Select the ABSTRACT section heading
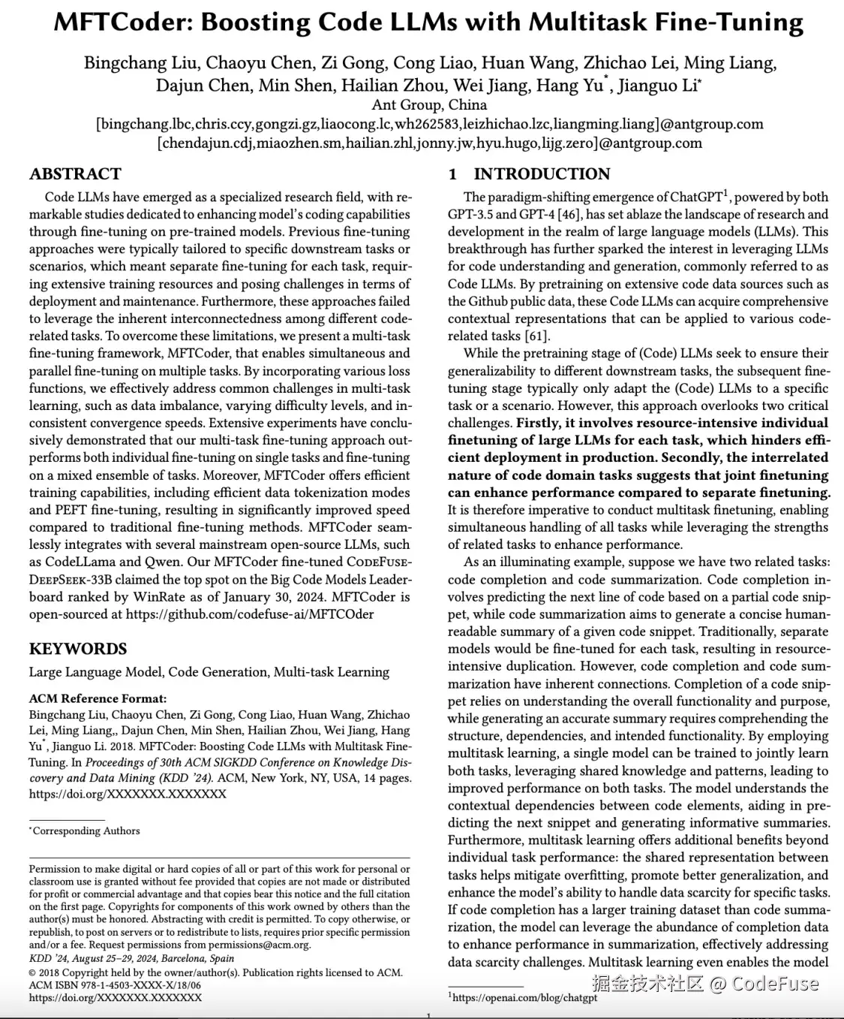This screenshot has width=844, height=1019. (75, 174)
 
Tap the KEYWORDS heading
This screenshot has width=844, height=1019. (78, 649)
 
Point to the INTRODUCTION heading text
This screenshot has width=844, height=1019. (542, 174)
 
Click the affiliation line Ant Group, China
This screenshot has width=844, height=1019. (429, 105)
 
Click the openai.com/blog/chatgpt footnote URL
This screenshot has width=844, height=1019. (525, 998)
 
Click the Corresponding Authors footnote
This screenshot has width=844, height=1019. (86, 831)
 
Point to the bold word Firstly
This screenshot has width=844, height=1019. (536, 423)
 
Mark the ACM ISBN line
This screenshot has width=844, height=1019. (115, 984)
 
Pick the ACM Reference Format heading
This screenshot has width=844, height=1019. (98, 698)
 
